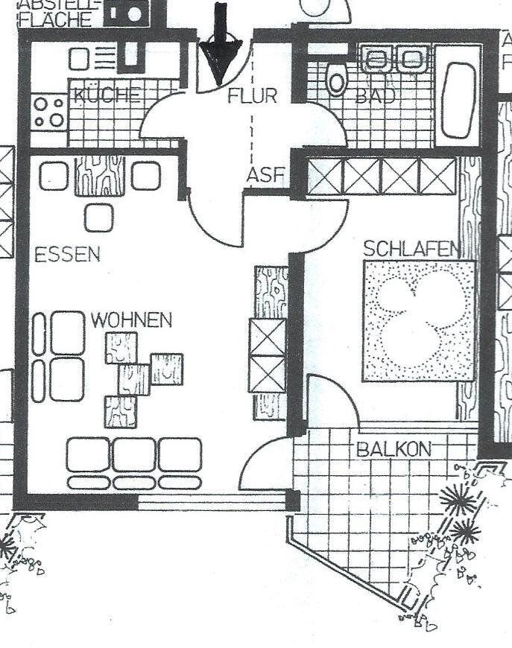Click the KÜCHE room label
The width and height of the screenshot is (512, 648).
[x=107, y=95]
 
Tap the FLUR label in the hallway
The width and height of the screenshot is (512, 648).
[x=252, y=96]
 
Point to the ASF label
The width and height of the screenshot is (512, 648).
[x=266, y=176]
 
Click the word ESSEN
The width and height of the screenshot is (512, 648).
[x=67, y=255]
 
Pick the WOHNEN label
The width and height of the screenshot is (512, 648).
[x=131, y=321]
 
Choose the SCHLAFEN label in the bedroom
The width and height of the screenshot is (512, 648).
[x=411, y=249]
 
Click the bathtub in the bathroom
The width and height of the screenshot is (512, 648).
[x=458, y=98]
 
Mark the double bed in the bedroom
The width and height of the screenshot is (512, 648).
[x=419, y=320]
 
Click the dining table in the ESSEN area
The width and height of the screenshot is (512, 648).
[x=100, y=176]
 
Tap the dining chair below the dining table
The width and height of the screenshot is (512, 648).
[x=98, y=217]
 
